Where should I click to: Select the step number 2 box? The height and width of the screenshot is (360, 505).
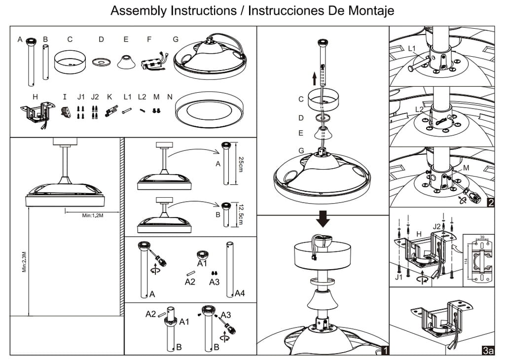pos(490,203)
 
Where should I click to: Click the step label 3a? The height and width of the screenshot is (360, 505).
pos(488,351)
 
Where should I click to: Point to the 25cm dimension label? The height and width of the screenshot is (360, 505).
pos(241,163)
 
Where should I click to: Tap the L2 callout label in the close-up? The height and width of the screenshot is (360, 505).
pos(419,109)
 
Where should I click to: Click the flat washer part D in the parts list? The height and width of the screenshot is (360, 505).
pos(102,62)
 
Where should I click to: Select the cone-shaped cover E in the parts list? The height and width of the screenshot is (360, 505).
pos(127,62)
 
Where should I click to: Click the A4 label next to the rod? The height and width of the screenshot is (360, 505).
pos(240,293)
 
